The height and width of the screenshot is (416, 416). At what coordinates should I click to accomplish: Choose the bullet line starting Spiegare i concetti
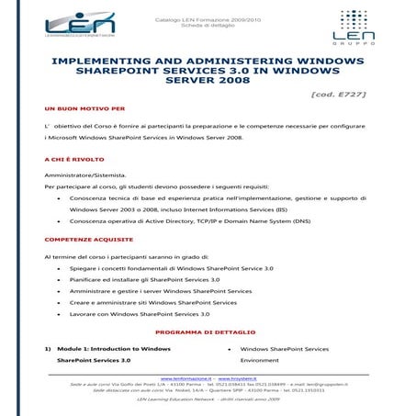point(171,267)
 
